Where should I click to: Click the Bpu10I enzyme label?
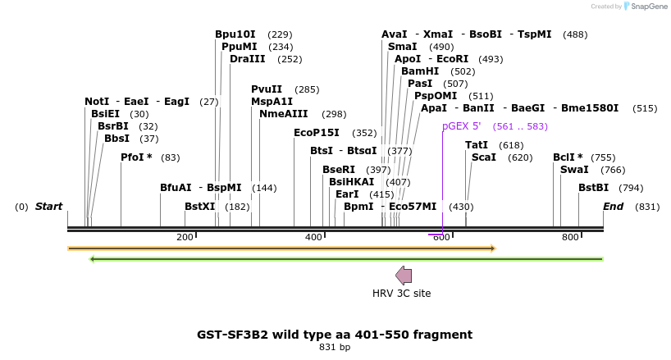(235, 34)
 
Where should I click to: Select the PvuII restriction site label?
(267, 89)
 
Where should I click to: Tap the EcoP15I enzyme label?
(316, 133)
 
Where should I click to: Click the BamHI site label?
(420, 71)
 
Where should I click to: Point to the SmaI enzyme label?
(402, 47)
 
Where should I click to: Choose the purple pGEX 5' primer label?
(461, 126)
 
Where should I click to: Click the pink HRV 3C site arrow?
(404, 276)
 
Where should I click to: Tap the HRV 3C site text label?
(401, 294)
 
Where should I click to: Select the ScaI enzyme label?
(483, 157)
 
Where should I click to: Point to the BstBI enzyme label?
(593, 188)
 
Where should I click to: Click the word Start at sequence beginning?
(48, 207)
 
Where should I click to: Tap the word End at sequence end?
(614, 207)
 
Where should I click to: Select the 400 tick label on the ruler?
(313, 237)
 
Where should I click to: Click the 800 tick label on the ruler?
(570, 237)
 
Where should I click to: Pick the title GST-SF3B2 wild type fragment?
(334, 335)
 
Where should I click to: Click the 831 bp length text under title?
(334, 348)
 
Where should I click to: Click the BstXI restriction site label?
(199, 207)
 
